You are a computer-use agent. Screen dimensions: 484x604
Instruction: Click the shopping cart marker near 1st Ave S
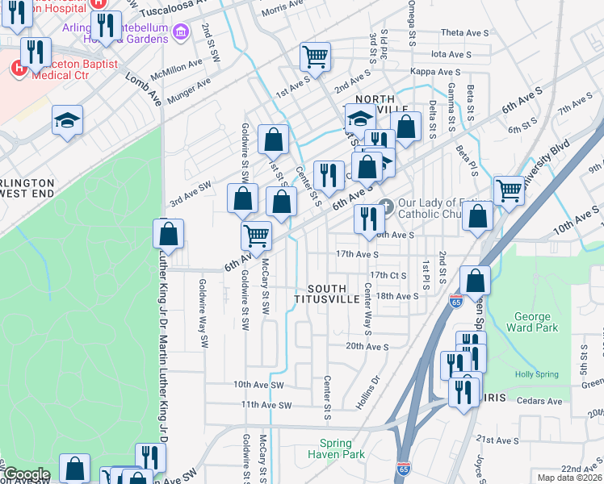(315, 57)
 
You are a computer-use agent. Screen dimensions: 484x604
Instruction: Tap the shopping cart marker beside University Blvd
(509, 191)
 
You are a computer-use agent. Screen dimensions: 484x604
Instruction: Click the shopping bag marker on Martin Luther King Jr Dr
(168, 234)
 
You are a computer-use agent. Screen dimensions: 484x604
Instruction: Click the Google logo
(27, 474)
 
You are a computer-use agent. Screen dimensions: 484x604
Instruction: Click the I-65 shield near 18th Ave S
(455, 301)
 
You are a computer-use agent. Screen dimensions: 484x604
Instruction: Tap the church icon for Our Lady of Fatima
(385, 207)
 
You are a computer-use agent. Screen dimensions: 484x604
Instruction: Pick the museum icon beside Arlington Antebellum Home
(180, 33)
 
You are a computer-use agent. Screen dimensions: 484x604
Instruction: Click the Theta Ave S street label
(465, 33)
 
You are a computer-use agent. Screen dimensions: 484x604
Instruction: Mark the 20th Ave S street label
(367, 346)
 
